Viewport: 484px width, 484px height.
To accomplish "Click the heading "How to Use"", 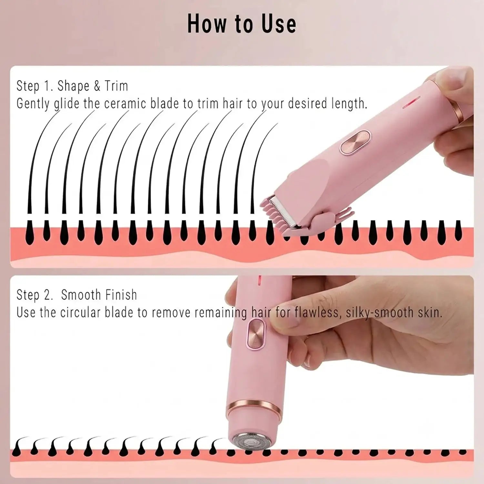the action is [242, 24].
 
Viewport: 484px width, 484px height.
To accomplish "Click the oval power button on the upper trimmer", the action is [355, 141].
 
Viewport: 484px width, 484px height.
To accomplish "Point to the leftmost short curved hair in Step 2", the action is [19, 442].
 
